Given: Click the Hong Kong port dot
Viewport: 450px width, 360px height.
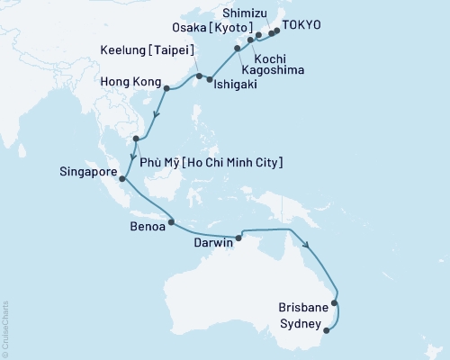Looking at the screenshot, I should click(166, 87).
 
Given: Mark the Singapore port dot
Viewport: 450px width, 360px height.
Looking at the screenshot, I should click(122, 178).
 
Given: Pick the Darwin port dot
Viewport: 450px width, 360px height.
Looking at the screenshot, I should click(238, 238).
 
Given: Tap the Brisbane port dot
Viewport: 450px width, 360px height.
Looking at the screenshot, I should click(335, 303).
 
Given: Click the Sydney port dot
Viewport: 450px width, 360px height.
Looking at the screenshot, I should click(326, 329).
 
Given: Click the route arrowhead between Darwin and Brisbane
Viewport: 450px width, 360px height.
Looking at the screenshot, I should click(307, 245).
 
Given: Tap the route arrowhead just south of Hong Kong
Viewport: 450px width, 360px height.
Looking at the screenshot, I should click(157, 114).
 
